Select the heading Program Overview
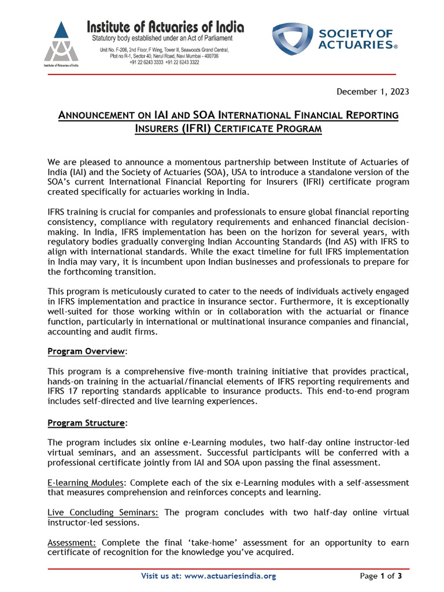[86, 351]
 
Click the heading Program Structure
[86, 423]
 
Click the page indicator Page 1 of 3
[380, 576]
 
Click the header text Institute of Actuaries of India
[165, 27]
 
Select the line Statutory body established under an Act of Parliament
[157, 38]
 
